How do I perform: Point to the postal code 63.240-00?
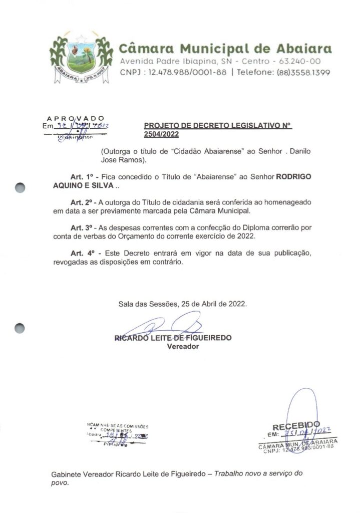pos(300,61)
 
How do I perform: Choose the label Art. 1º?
pos(82,178)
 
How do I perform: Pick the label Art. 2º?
pos(82,202)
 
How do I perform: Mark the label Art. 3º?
pos(82,227)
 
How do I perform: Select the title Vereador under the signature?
pos(182,346)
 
